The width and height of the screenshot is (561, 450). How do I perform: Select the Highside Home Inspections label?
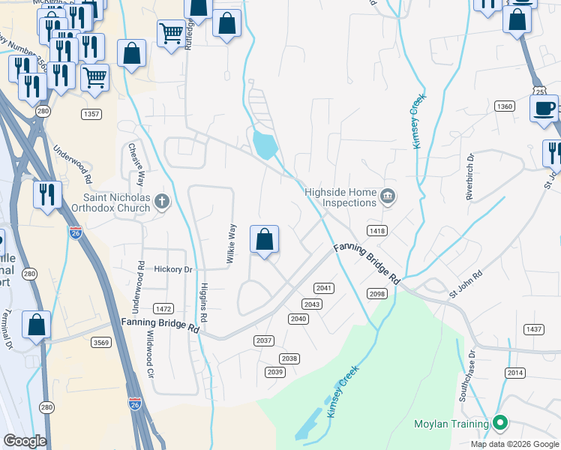340,197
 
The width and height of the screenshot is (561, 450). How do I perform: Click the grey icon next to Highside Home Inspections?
388,197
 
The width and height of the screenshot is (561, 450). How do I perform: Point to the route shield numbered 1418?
376,231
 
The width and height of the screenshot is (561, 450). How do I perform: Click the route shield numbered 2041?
323,288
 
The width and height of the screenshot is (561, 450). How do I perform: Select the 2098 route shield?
376,294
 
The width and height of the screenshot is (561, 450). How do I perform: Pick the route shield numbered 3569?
101,343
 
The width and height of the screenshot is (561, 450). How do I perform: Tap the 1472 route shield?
163,309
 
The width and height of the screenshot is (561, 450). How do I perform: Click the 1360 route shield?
504,107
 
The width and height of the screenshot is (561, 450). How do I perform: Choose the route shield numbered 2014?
514,373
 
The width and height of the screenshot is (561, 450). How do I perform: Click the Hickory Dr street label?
173,269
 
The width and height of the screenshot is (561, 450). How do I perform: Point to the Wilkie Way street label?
232,244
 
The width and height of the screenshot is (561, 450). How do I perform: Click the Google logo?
25,441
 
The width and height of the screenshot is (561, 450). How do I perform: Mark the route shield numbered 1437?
533,329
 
